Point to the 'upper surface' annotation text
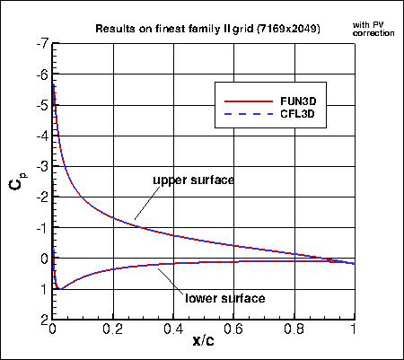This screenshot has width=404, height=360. pos(193,180)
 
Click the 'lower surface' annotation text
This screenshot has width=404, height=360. pos(224,298)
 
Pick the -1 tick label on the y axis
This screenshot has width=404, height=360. pos(42,228)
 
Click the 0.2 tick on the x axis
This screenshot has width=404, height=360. pos(113,329)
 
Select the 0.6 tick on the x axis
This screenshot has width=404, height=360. pos(233,329)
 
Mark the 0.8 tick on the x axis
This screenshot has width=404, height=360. pos(293,329)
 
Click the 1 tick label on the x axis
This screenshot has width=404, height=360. pos(353,329)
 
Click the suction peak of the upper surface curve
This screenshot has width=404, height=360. pos(55,83)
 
